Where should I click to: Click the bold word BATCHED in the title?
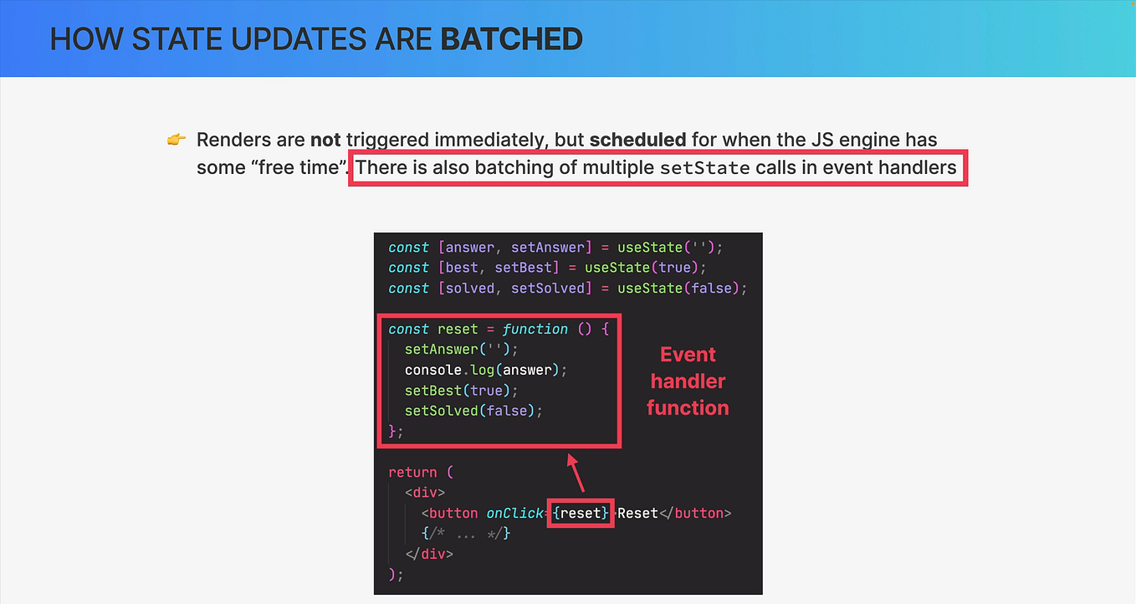(x=511, y=38)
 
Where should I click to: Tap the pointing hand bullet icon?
(x=176, y=140)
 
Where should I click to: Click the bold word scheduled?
(x=637, y=140)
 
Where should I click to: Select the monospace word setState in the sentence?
(x=704, y=168)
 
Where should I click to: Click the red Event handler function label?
(x=688, y=381)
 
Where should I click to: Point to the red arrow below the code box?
(x=576, y=473)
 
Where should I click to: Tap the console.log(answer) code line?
(x=479, y=370)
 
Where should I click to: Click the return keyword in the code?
(x=413, y=472)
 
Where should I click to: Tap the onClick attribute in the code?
(x=514, y=513)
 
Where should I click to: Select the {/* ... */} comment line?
(x=466, y=533)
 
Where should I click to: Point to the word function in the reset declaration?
(x=535, y=330)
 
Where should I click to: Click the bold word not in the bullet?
(x=325, y=140)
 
